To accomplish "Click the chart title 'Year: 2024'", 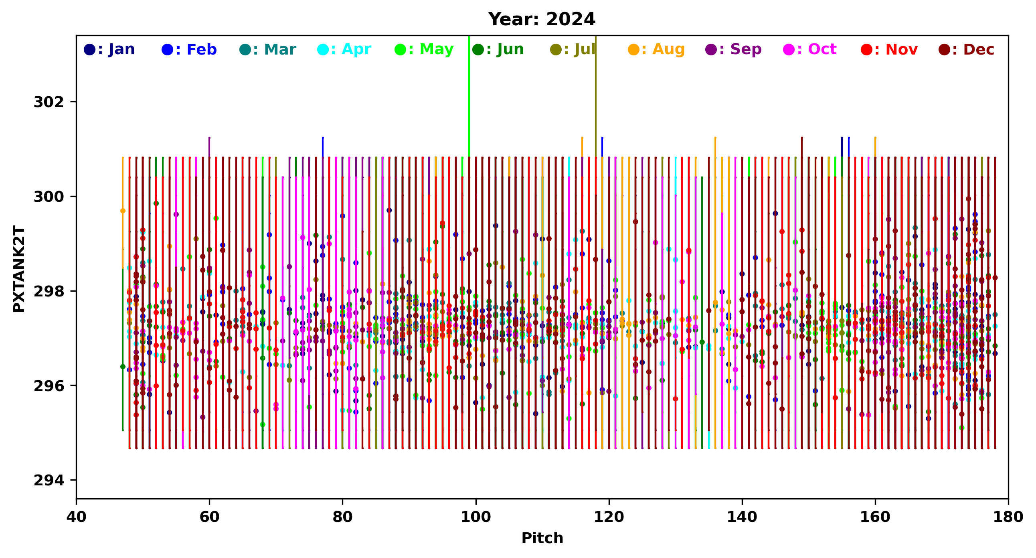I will tap(541, 19).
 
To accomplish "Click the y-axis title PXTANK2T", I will tap(19, 269).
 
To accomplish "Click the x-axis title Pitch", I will tap(542, 538).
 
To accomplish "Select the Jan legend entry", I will tap(109, 49).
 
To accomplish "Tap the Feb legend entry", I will tap(188, 49).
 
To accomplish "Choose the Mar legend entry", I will tap(267, 49).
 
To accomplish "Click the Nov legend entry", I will tap(889, 49).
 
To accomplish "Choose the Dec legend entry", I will tap(967, 49).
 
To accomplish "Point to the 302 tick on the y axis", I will tap(49, 102).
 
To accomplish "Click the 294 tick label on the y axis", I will tap(49, 480).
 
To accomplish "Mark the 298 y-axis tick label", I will tap(49, 291).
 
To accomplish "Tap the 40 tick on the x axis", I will tap(77, 517).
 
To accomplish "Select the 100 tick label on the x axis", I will tap(476, 517).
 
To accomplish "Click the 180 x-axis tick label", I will tap(1008, 517).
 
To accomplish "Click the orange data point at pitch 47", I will tap(123, 211).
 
